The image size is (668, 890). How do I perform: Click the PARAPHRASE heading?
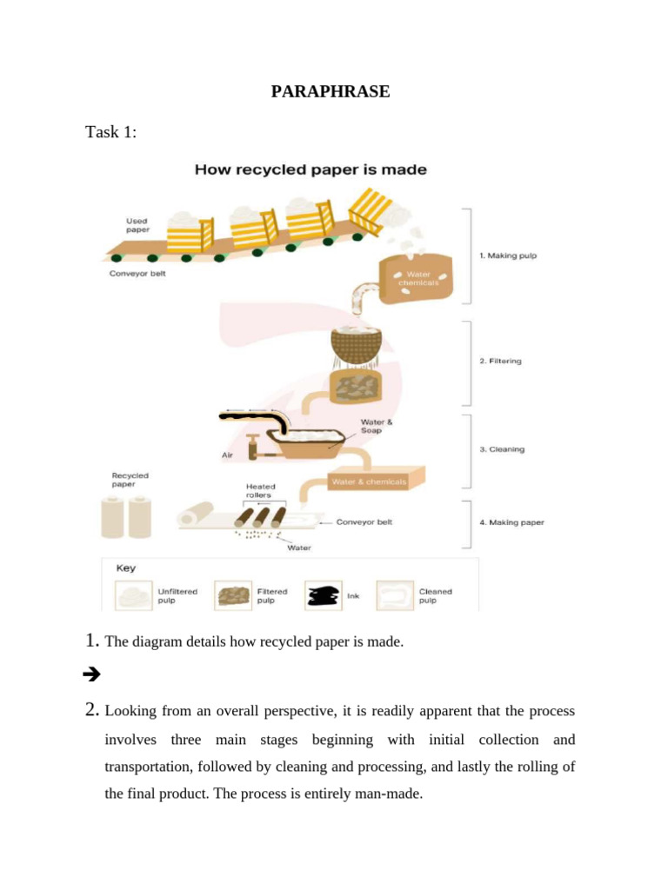pos(331,91)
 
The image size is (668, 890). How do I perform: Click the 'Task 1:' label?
pos(110,132)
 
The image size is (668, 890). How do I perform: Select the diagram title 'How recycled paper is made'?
pos(311,170)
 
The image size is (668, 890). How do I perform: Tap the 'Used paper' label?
pos(137,226)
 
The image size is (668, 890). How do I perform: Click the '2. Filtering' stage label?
pos(500,361)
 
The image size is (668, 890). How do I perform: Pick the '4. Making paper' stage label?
pos(511,522)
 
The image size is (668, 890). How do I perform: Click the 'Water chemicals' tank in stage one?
pos(418,277)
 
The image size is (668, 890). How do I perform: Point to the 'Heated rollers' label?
pos(261,491)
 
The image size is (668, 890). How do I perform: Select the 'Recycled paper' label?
pos(130,480)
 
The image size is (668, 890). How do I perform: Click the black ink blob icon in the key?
pos(322,596)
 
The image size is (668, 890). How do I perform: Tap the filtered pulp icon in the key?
pos(232,596)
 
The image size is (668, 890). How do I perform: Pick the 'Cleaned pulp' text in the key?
pos(435,596)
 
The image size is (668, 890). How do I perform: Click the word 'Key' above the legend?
pos(126,568)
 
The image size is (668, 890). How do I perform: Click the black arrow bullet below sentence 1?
pos(91,674)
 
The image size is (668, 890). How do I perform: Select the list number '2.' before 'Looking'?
pos(92,711)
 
